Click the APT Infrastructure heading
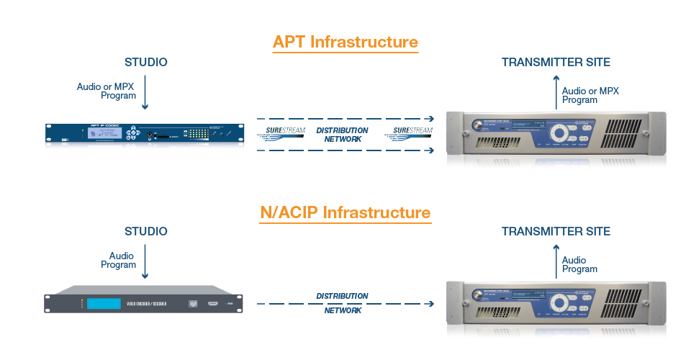(345, 42)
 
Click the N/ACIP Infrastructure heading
(345, 212)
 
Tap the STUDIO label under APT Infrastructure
(145, 62)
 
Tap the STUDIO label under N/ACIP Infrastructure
(145, 231)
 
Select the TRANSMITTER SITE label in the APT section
(556, 62)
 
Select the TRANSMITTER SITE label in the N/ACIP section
(556, 231)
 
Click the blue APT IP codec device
(144, 134)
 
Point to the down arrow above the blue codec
(145, 94)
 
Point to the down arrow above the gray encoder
(145, 264)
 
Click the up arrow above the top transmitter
(556, 94)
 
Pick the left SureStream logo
(281, 132)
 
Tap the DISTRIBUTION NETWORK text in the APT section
(343, 135)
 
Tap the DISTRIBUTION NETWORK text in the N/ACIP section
(343, 303)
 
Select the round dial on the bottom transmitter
(559, 303)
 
